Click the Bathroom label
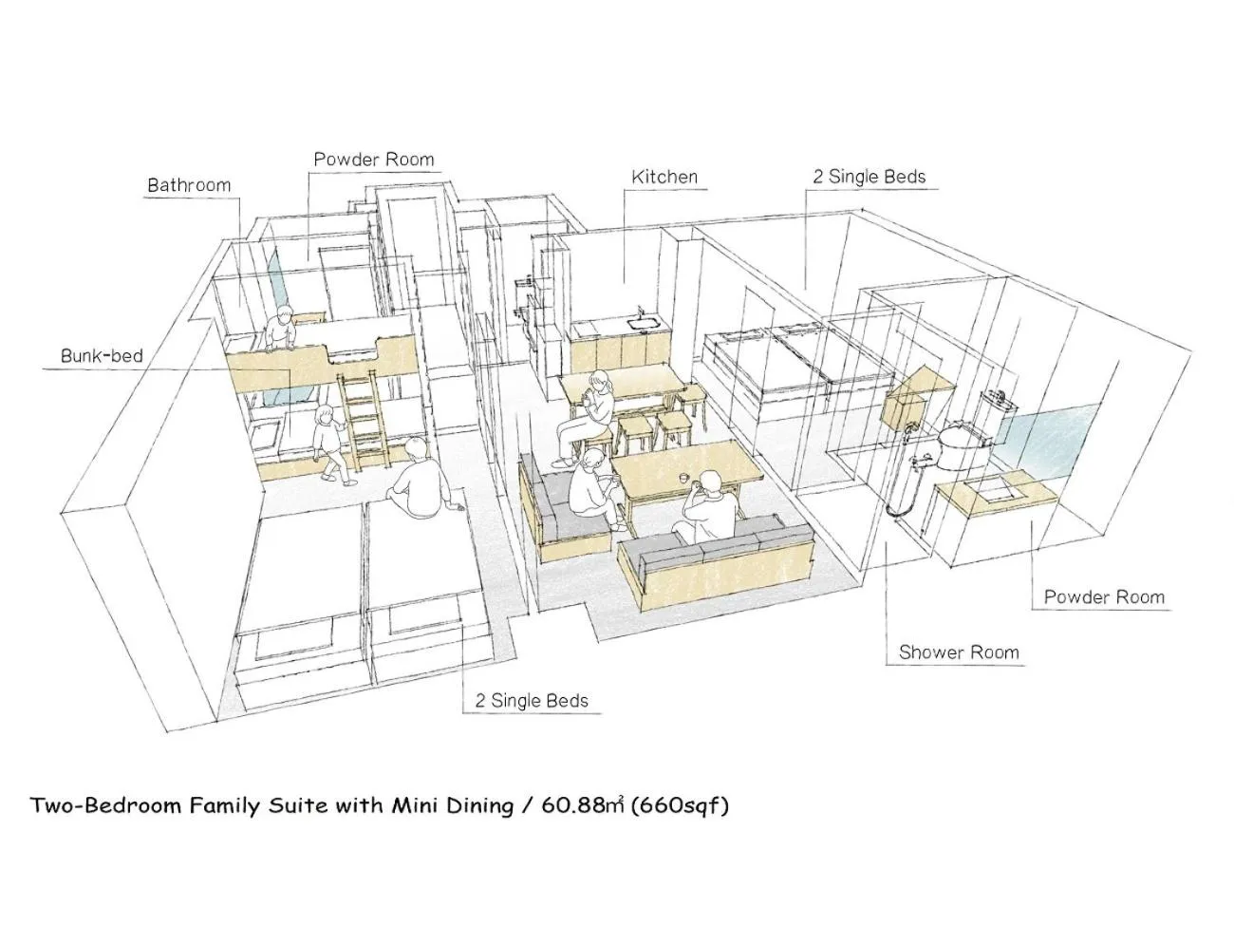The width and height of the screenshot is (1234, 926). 189,185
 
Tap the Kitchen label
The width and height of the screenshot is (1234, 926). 664,177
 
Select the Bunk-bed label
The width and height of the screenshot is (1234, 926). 102,356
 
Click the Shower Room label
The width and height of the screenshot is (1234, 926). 959,652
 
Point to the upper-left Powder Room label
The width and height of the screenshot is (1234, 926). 374,160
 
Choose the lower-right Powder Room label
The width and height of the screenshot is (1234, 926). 1104,597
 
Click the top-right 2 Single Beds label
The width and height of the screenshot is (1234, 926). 869,177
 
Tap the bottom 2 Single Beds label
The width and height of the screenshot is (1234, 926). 532,702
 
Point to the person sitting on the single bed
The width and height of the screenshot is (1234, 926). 420,480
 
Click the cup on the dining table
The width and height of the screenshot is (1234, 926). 683,477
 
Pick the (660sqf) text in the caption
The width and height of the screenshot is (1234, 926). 681,805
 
